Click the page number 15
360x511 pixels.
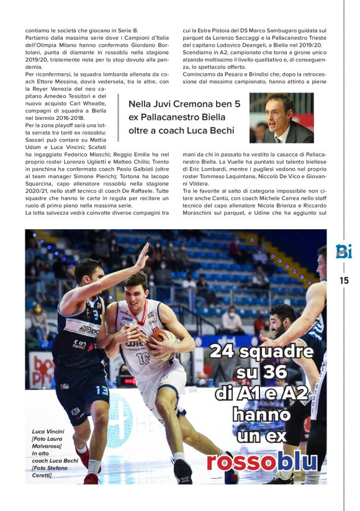(344, 280)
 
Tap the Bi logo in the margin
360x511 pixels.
(343, 251)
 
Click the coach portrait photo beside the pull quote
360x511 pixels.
(281, 118)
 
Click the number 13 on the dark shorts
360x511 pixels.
(102, 391)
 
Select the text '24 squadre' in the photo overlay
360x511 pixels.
(261, 351)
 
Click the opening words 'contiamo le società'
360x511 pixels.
(53, 30)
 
